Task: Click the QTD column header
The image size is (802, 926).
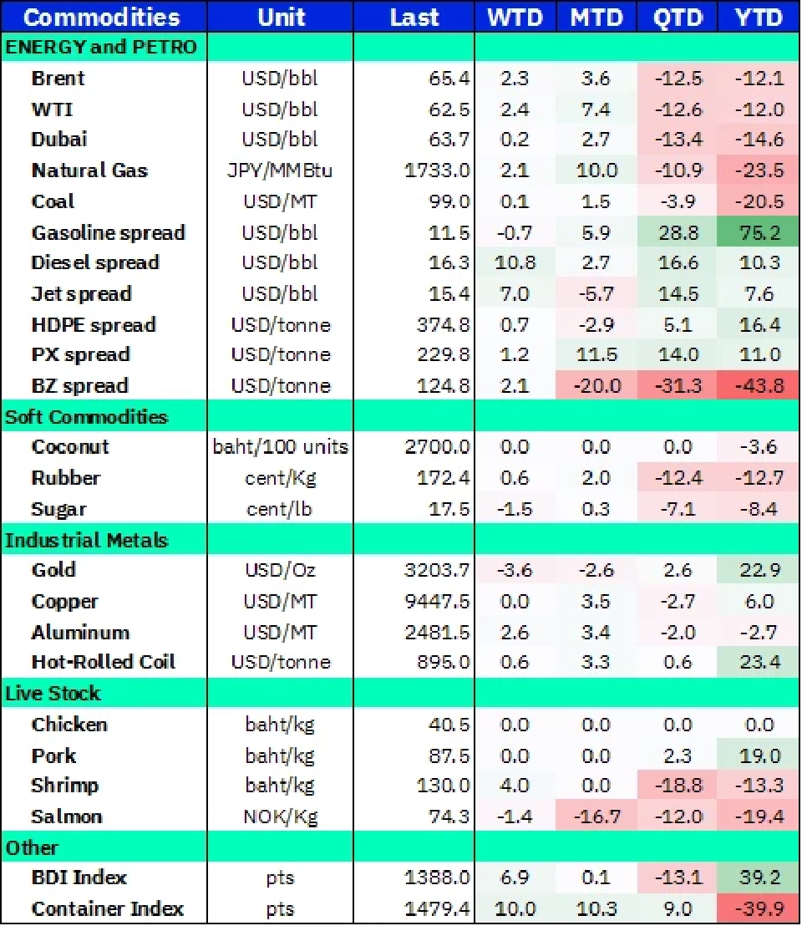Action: [x=677, y=18]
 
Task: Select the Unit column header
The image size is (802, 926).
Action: [x=281, y=18]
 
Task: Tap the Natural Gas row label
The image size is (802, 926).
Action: [x=89, y=170]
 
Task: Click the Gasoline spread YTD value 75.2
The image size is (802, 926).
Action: [x=759, y=232]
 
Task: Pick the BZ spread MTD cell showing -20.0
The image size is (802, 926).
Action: [x=596, y=386]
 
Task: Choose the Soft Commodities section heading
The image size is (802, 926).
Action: [x=87, y=416]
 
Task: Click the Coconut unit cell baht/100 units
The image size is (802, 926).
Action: [x=281, y=447]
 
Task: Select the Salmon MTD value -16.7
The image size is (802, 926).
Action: [x=596, y=817]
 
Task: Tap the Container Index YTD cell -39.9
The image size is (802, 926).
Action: [x=759, y=908]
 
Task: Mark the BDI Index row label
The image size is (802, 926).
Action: [x=79, y=878]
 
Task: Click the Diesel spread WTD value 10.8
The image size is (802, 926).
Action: [x=514, y=262]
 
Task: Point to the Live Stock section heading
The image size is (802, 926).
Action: [x=53, y=693]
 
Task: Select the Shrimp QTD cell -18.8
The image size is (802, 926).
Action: [x=677, y=786]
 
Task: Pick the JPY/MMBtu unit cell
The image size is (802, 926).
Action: [x=281, y=170]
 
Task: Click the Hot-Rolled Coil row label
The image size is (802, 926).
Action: [x=104, y=662]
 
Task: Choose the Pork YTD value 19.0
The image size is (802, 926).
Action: [x=759, y=756]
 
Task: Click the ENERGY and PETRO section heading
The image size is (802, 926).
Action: [x=101, y=48]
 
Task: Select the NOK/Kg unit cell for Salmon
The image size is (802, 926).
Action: [x=281, y=817]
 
